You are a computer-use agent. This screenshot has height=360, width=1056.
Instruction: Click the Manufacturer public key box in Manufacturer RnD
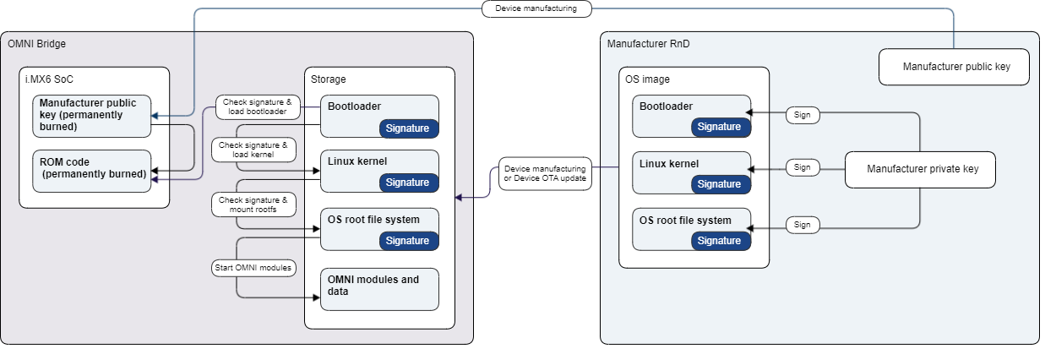tap(954, 67)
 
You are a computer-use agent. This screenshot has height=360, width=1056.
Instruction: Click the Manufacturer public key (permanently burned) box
tap(92, 115)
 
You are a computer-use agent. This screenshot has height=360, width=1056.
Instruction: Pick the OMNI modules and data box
tap(379, 288)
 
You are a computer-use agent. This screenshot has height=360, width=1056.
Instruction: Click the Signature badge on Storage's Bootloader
tap(408, 128)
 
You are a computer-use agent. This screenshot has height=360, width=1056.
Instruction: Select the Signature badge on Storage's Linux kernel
tap(408, 183)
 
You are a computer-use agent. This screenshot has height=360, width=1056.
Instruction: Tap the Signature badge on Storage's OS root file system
tap(408, 241)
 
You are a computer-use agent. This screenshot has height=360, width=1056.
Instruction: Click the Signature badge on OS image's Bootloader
tap(719, 127)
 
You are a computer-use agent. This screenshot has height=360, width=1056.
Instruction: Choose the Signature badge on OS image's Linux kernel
tap(719, 183)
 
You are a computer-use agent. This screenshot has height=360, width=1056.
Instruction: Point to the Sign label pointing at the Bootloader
tap(803, 115)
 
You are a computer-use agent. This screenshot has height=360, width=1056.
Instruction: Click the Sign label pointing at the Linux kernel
tap(803, 168)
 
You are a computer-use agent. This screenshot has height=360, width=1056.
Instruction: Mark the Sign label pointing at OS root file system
tap(803, 225)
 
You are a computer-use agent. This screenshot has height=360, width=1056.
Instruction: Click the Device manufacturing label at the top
tap(536, 9)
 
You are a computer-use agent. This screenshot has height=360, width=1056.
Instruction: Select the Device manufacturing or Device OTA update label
tap(544, 174)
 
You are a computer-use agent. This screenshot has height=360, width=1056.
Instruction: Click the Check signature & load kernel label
tap(253, 150)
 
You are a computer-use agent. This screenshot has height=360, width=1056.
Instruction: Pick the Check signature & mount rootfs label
tap(253, 205)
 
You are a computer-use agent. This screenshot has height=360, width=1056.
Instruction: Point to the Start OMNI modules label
tap(253, 268)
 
